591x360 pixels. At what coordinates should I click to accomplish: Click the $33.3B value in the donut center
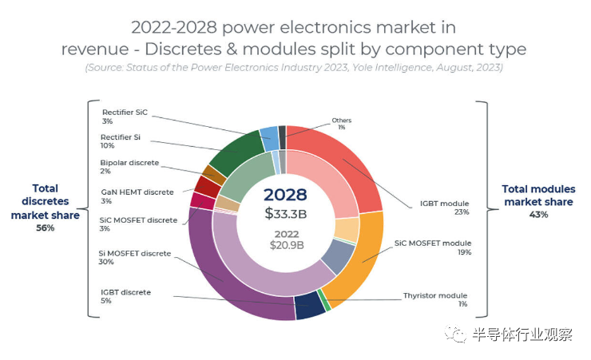285,213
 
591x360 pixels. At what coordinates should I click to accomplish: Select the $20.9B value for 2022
285,244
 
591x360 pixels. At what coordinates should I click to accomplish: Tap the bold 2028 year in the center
285,194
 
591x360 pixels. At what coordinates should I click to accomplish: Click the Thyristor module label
435,295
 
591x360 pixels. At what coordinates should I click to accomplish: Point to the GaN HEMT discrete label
137,192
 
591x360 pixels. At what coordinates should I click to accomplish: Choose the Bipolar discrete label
130,163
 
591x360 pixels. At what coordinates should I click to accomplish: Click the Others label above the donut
341,121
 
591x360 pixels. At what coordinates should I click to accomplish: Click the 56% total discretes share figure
45,227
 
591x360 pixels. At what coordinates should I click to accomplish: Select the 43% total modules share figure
538,215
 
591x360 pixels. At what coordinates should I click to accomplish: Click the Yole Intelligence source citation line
294,68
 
